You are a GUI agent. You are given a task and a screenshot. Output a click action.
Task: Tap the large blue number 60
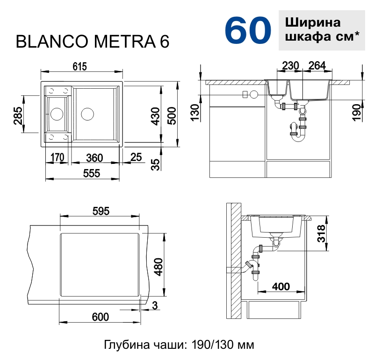(x=248, y=31)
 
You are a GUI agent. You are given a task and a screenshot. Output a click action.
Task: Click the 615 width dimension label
(x=79, y=66)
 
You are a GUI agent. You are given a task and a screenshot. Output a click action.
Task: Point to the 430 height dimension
(x=156, y=114)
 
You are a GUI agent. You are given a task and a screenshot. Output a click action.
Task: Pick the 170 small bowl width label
(x=57, y=157)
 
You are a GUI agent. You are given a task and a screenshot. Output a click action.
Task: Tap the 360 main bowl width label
(x=95, y=157)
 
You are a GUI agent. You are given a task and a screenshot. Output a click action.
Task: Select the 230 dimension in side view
(x=290, y=66)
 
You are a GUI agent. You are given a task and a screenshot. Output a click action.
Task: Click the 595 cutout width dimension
(x=101, y=211)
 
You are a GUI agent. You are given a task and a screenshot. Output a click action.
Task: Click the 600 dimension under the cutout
(x=100, y=317)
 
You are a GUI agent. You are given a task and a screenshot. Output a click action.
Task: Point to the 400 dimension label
(x=280, y=286)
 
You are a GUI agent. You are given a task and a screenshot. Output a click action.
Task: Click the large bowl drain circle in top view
(x=87, y=113)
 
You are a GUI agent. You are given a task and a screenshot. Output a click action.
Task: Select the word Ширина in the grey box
(x=312, y=22)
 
